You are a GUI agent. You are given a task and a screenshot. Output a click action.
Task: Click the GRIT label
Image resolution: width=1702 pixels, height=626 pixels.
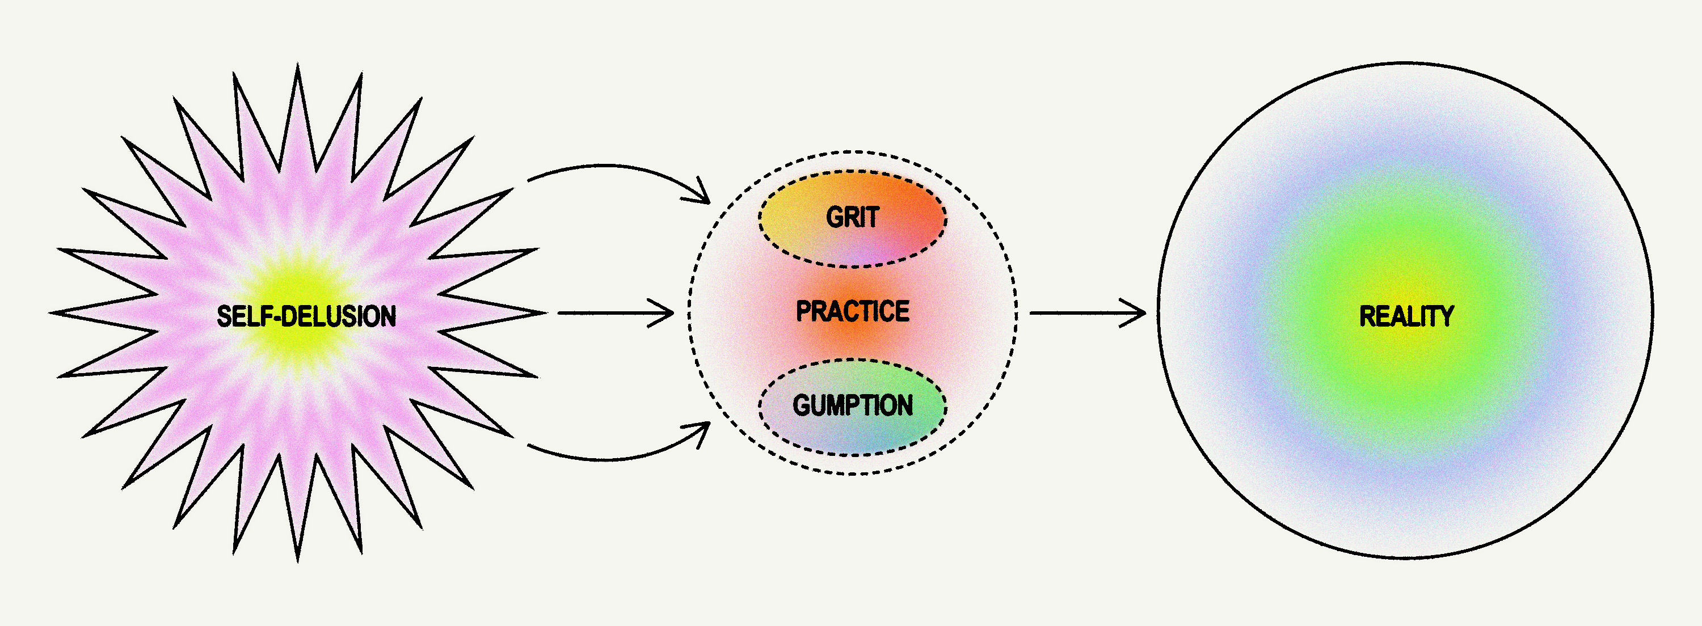[x=852, y=217]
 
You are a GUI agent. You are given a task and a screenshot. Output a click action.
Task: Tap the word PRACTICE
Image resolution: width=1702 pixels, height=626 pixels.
[x=852, y=311]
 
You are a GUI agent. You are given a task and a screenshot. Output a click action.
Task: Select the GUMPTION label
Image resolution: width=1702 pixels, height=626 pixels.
[x=852, y=405]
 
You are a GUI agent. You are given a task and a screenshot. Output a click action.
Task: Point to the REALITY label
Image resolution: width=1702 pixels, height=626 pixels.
[x=1406, y=316]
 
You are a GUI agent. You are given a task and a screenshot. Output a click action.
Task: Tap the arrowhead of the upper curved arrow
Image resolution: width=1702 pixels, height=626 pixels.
[x=703, y=195]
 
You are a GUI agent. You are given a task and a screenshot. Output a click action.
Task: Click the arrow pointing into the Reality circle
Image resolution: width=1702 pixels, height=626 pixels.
[x=1088, y=313]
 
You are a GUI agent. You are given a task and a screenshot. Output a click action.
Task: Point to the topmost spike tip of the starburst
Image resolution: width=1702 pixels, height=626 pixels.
[x=298, y=65]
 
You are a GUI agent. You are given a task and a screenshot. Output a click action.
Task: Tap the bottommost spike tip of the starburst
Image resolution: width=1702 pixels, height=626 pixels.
[x=298, y=561]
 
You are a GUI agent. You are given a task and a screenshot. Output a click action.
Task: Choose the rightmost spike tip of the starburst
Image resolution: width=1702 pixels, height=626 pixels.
[x=546, y=313]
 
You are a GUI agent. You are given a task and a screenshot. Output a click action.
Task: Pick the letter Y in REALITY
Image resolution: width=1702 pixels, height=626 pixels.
[x=1446, y=316]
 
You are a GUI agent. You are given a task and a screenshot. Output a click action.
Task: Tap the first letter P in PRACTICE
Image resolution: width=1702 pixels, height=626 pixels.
[x=803, y=311]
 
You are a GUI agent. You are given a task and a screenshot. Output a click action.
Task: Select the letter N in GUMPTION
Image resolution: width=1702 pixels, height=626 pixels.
[x=905, y=405]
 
